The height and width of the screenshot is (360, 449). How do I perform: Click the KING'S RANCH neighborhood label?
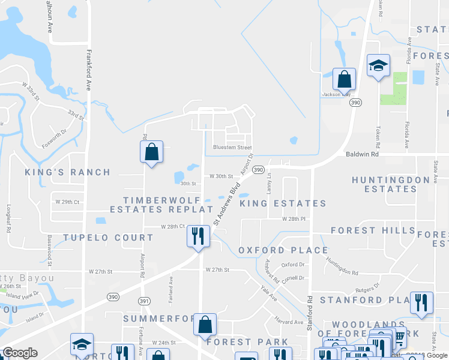[68, 172]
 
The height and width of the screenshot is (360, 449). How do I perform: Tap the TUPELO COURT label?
[109, 238]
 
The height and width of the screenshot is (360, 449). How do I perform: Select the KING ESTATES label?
[283, 203]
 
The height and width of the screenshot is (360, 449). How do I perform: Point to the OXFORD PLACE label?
[283, 250]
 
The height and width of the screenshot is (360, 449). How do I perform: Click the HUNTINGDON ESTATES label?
[391, 184]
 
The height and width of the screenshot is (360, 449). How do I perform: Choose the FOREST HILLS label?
[373, 230]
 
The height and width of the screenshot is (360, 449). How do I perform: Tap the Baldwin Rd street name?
[363, 154]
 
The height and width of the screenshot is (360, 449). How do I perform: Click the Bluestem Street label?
[232, 148]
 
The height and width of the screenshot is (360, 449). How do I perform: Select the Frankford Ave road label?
[88, 69]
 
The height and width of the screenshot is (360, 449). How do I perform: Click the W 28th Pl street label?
[294, 219]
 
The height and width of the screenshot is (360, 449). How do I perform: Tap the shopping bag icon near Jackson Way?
[345, 79]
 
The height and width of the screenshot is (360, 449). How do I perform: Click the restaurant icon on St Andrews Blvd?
[198, 235]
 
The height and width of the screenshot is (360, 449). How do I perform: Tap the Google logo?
[20, 352]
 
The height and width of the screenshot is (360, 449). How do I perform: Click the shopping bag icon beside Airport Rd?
[152, 152]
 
